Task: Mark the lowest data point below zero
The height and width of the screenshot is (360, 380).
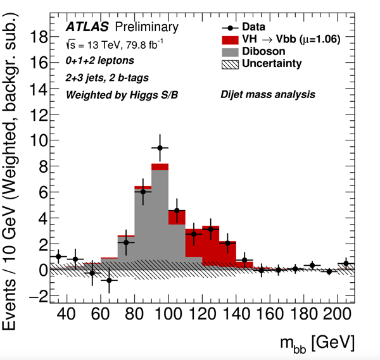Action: coord(109,280)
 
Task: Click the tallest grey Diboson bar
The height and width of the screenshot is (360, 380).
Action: coord(160,215)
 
